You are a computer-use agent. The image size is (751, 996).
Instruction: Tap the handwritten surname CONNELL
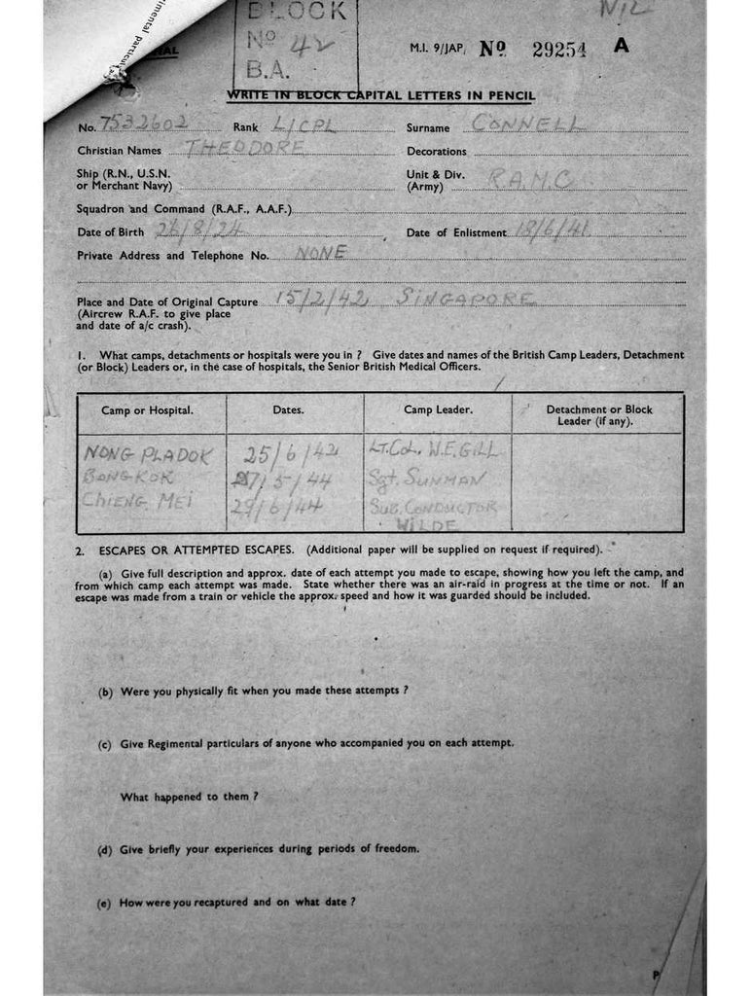pos(525,124)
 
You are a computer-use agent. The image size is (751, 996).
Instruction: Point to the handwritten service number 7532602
pos(147,123)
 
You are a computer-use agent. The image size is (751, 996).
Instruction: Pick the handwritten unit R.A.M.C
pos(530,177)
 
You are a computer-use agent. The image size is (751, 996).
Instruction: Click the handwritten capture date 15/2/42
pos(321,299)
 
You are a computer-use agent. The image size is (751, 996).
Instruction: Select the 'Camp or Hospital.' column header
pos(147,410)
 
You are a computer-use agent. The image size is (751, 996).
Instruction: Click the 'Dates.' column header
pos(288,410)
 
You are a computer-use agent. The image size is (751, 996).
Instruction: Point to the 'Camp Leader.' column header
pos(438,410)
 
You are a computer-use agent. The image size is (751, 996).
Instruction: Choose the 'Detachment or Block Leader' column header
pos(598,415)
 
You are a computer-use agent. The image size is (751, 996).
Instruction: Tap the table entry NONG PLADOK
pos(147,454)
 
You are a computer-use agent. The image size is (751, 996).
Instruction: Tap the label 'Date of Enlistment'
pos(456,233)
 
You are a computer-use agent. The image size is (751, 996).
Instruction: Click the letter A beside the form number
pos(622,46)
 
